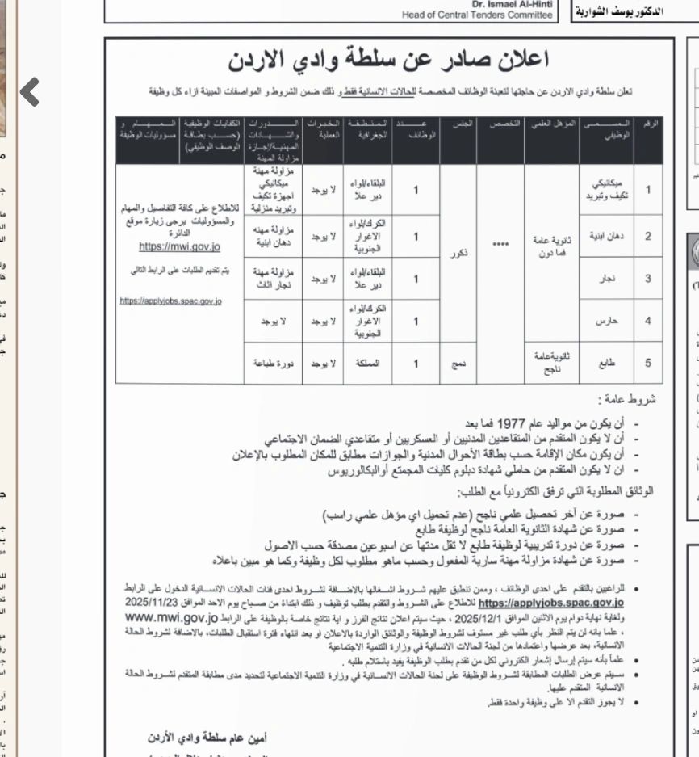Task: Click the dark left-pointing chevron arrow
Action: (x=29, y=91)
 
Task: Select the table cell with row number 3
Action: (x=647, y=279)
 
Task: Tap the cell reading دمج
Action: (x=458, y=364)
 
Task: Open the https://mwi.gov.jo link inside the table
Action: (x=179, y=246)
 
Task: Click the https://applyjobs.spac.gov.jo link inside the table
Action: (x=170, y=301)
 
